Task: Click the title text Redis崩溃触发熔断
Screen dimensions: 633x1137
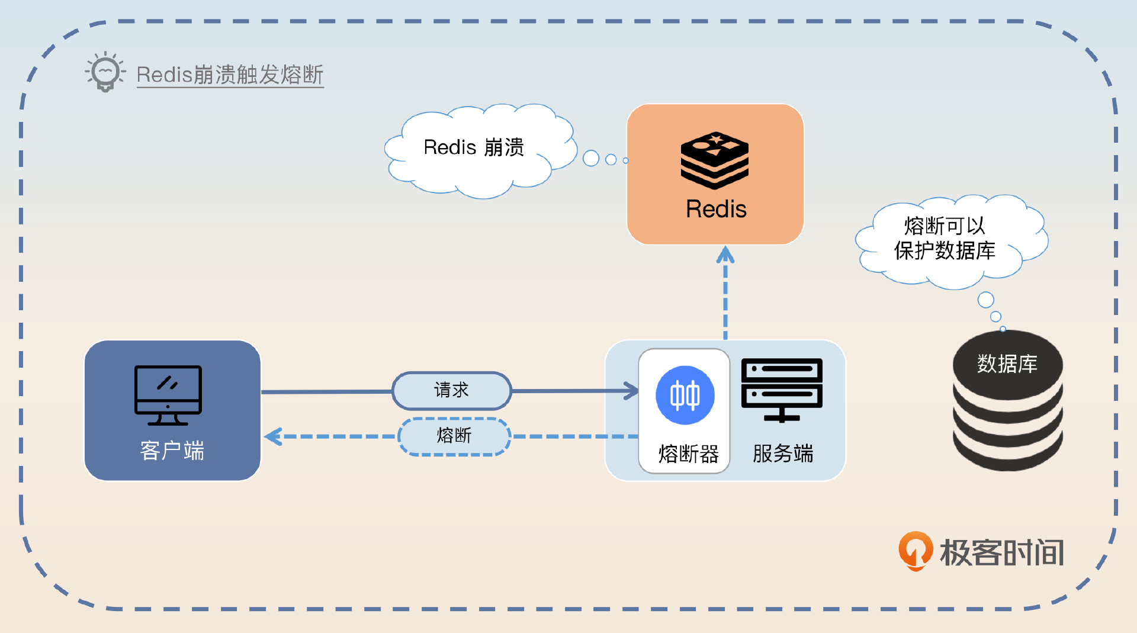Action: pyautogui.click(x=230, y=75)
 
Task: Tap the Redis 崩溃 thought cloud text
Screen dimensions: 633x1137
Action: pyautogui.click(x=474, y=147)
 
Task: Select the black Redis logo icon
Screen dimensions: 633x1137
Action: pyautogui.click(x=715, y=160)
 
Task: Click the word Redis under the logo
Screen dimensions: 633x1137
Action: pyautogui.click(x=716, y=209)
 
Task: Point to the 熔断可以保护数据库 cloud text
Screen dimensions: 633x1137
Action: pyautogui.click(x=945, y=238)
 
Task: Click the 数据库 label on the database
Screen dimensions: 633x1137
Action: pyautogui.click(x=1007, y=364)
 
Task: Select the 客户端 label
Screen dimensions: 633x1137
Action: pyautogui.click(x=172, y=451)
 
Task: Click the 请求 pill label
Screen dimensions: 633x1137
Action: pyautogui.click(x=451, y=390)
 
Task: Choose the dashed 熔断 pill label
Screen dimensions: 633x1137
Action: pyautogui.click(x=454, y=436)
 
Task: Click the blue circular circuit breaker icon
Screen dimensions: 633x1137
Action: pyautogui.click(x=685, y=395)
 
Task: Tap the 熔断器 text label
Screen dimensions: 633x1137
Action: pyautogui.click(x=688, y=454)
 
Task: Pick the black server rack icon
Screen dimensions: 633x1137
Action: pyautogui.click(x=782, y=390)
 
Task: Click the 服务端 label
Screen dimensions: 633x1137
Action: pyautogui.click(x=783, y=454)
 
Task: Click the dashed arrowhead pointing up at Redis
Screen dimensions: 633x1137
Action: pyautogui.click(x=725, y=255)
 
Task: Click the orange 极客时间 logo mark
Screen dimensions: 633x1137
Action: pyautogui.click(x=915, y=551)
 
